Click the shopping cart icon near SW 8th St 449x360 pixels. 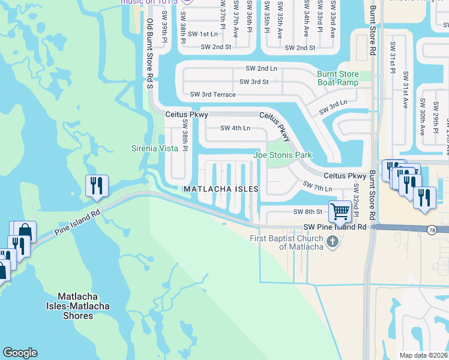click(x=340, y=211)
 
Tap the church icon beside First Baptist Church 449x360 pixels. click(x=334, y=242)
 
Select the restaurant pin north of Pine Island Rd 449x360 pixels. click(x=97, y=186)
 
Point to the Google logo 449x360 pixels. click(x=20, y=353)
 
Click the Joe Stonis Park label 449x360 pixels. click(x=283, y=155)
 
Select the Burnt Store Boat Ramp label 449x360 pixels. click(x=338, y=79)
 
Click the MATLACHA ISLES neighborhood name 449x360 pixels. click(x=221, y=189)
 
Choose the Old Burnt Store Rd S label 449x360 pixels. click(x=150, y=54)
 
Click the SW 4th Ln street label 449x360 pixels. click(x=235, y=128)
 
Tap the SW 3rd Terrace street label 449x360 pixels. click(x=212, y=94)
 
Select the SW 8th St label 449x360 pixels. click(x=308, y=212)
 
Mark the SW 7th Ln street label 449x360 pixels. click(x=318, y=187)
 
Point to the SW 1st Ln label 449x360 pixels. click(x=201, y=34)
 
